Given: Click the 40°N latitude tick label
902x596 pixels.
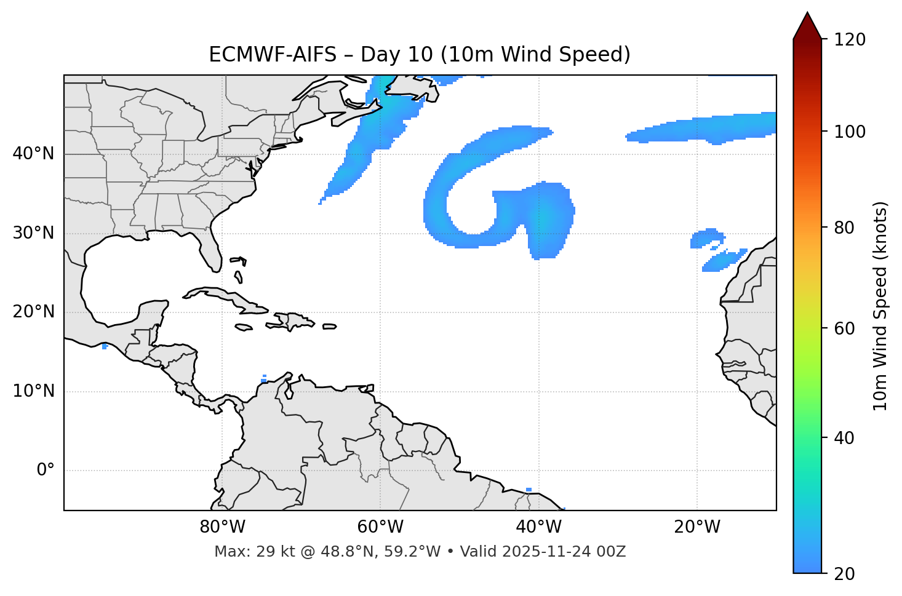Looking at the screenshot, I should [x=33, y=154].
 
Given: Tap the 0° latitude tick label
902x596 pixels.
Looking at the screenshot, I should [x=46, y=471].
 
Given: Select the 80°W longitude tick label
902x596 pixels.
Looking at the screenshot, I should [x=222, y=527].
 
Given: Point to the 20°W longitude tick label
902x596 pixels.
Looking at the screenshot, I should [x=697, y=527].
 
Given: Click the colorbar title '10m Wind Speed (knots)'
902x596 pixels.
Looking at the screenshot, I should [x=880, y=306].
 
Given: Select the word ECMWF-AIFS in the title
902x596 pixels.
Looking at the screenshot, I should [x=273, y=55].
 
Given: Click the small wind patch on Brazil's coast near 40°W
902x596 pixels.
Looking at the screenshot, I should [x=529, y=490].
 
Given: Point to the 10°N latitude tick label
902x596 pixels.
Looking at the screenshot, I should [x=33, y=392].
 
